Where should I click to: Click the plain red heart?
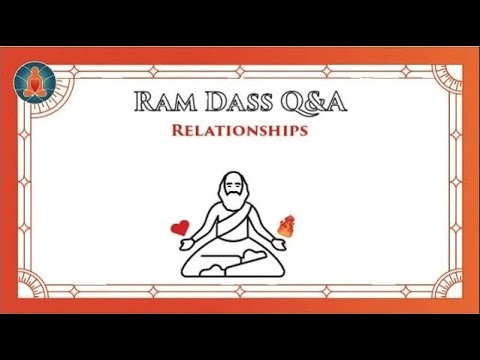click(x=180, y=227)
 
